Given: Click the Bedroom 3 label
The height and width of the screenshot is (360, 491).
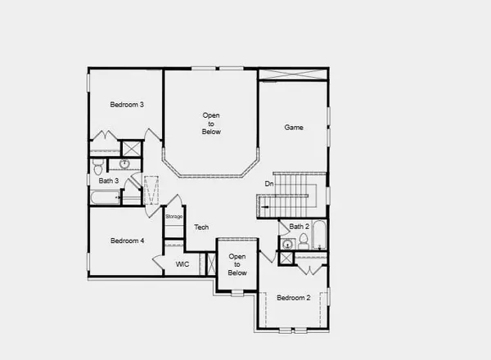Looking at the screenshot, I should click(x=128, y=105).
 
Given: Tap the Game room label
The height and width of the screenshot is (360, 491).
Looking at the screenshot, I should click(x=295, y=128).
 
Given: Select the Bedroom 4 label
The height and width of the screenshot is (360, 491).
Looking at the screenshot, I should click(x=128, y=241).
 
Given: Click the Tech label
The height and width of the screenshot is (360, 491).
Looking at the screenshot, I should click(x=201, y=228).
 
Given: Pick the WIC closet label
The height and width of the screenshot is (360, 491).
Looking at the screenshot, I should click(x=183, y=264).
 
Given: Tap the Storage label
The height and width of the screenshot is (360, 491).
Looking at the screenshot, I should click(x=173, y=217).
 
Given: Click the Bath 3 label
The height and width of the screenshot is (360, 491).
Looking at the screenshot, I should click(x=109, y=181).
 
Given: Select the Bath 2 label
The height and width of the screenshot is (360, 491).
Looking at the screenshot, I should click(x=299, y=227).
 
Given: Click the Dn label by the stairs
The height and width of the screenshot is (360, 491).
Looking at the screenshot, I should click(x=268, y=184).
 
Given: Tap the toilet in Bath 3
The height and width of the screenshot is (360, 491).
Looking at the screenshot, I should click(x=99, y=164).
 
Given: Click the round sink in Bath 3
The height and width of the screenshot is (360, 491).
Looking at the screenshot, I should click(x=124, y=164).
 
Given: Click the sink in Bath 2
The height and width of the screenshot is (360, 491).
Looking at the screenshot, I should click(x=287, y=244).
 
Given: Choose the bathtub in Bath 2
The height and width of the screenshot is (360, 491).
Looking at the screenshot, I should click(x=320, y=236).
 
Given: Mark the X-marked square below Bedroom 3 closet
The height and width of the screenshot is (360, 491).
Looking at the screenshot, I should click(x=130, y=148).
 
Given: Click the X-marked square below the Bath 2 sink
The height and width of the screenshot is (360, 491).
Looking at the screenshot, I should click(x=285, y=258).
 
